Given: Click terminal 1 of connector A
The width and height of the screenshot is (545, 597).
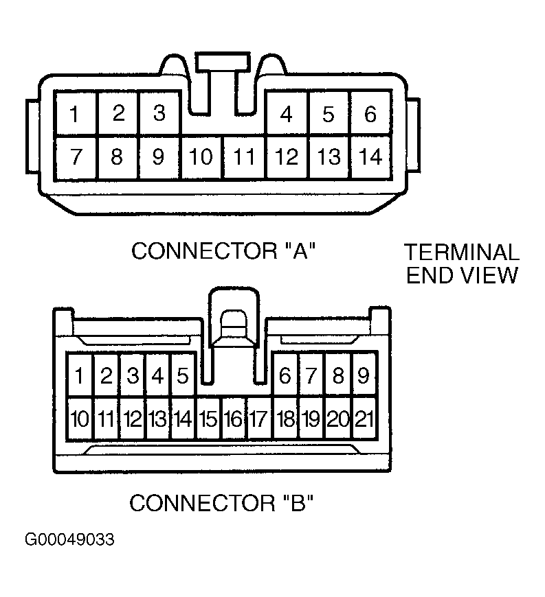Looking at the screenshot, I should pos(75,114).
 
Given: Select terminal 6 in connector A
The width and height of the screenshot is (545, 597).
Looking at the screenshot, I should pos(370,114).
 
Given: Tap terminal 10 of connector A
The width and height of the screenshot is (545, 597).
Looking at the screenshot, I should pos(201,157).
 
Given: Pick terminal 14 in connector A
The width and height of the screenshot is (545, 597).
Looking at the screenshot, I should pos(370,157).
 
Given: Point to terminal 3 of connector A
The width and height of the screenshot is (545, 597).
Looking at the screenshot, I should pos(159,114).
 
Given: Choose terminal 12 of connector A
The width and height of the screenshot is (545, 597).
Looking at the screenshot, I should pos(287,157).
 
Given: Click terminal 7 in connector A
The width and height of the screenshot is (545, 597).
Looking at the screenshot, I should pos(75,157).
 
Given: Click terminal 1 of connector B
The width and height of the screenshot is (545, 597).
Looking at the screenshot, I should pos(80,375).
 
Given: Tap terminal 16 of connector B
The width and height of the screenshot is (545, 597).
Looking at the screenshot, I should pos(234,419).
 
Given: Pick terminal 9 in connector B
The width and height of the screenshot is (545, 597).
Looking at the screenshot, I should pos(364,375).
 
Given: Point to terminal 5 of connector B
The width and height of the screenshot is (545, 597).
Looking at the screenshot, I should pos(183,375).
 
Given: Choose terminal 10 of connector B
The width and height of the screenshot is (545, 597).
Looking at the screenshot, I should pos(80,419).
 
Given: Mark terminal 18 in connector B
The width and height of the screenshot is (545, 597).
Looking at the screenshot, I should pos(285,419).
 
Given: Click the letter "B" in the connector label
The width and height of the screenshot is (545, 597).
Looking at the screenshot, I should pos(298,504).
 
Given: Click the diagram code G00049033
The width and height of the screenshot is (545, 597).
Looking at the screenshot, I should pos(69,539).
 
